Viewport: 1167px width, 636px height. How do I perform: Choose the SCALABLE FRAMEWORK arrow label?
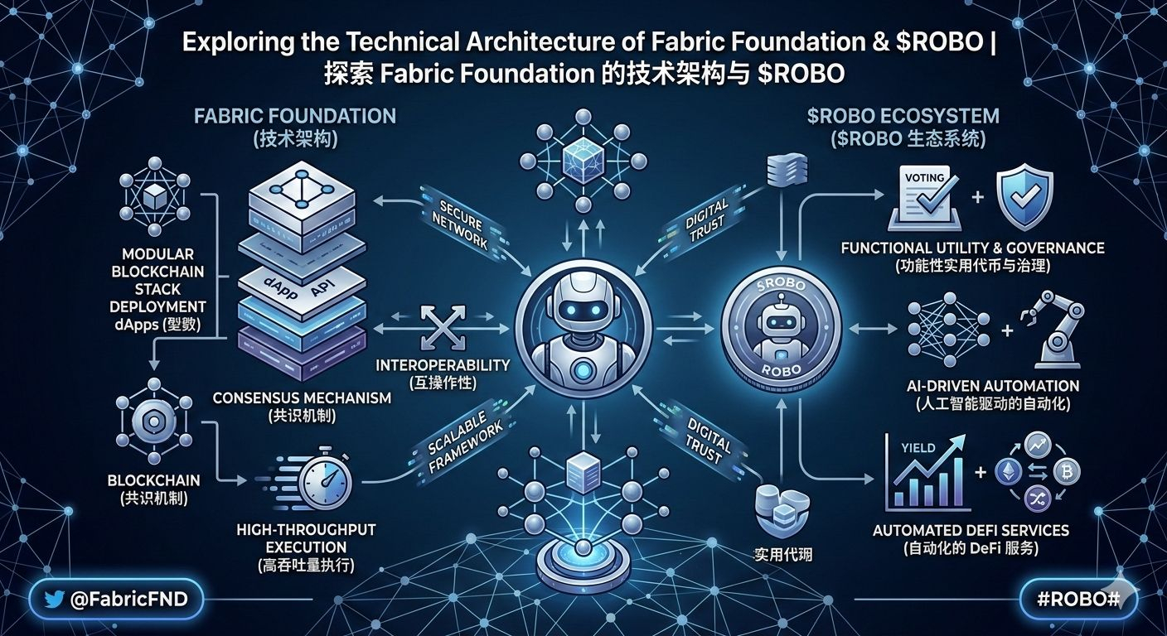464,447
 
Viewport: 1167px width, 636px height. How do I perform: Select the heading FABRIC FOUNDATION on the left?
295,115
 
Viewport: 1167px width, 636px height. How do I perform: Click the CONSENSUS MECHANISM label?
302,397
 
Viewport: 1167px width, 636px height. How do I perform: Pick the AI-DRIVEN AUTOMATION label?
991,386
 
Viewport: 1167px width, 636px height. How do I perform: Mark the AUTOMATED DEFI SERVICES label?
971,530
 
